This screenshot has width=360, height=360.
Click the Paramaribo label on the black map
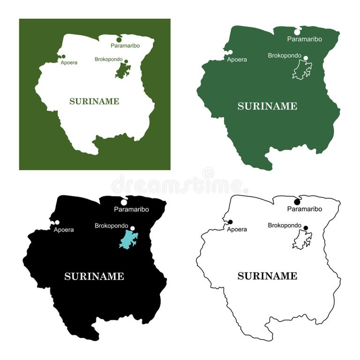[131, 210]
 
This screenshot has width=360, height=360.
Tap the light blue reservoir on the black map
[127, 240]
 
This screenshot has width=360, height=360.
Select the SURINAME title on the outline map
[267, 276]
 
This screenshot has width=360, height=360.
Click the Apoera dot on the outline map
[230, 222]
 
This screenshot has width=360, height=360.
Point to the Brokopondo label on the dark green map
[285, 55]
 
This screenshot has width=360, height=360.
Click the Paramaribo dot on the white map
[119, 39]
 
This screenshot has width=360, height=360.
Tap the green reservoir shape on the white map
[123, 71]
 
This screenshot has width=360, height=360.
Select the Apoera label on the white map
[69, 62]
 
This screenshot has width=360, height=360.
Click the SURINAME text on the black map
[94, 277]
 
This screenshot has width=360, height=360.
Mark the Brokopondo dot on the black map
[133, 229]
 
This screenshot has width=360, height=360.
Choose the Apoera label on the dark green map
[237, 60]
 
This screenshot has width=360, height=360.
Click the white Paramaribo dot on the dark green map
[297, 32]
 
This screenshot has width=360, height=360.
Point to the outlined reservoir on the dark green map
[302, 70]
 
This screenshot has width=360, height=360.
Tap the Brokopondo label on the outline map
[285, 225]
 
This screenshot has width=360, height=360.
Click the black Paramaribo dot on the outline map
[297, 202]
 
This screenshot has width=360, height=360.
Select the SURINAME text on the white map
[94, 101]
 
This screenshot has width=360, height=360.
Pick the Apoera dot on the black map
[57, 223]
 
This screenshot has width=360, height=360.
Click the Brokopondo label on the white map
[109, 60]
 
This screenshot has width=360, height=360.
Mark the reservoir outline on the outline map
[302, 240]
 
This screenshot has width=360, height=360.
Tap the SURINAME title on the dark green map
[267, 106]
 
